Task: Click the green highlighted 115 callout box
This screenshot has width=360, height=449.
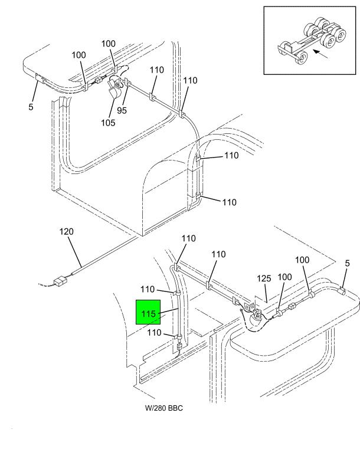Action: pos(148,312)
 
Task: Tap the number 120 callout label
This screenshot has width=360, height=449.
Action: pos(67,231)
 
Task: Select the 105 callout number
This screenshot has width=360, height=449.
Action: pos(108,123)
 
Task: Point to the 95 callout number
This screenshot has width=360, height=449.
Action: pos(122,110)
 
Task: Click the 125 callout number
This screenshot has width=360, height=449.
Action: pos(264,278)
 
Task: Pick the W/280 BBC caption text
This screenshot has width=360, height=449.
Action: pos(164,408)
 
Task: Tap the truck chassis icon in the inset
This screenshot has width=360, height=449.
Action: pos(312,41)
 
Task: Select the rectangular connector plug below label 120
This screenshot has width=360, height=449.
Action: pos(60,281)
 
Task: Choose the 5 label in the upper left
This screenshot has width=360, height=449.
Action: pos(31,107)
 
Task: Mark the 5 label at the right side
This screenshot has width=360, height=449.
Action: pos(347,263)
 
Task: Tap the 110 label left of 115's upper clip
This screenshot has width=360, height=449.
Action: pos(148,289)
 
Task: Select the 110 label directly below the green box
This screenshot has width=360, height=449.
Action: pos(155,332)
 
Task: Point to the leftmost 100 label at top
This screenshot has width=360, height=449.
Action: pos(78,55)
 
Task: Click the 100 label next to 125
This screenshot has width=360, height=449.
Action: pos(284,277)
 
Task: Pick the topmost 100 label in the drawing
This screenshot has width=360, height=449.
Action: pos(108,44)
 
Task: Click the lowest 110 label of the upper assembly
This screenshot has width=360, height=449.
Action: pos(230,202)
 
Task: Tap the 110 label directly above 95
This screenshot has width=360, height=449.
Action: pos(156,70)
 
